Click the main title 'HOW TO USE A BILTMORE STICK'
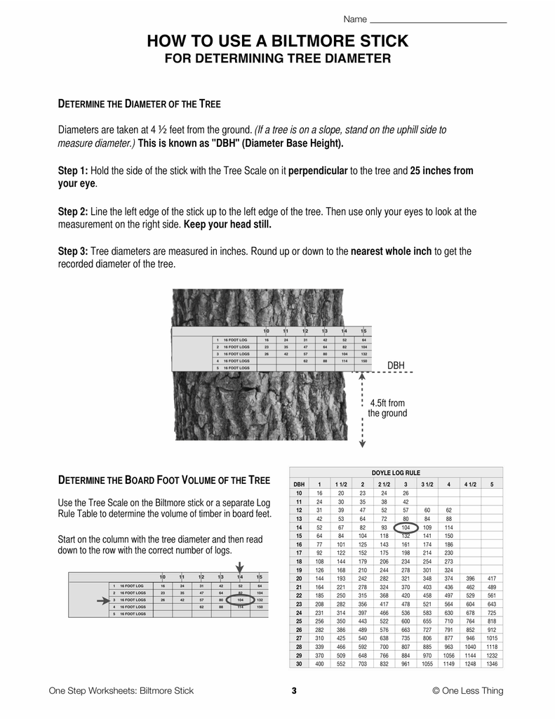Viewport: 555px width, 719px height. (277, 42)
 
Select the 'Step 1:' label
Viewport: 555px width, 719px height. (72, 171)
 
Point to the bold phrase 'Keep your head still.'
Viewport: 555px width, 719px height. (227, 225)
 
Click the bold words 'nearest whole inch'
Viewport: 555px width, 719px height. (391, 251)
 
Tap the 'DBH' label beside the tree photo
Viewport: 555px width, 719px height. (396, 365)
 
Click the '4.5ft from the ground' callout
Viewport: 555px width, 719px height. (387, 408)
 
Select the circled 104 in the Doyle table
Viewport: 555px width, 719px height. (406, 527)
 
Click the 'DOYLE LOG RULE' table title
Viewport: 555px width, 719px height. (396, 473)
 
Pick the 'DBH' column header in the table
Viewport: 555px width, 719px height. (299, 484)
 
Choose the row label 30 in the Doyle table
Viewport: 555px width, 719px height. (299, 664)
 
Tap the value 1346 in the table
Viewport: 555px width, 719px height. (491, 664)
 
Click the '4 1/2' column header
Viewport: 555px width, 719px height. (470, 484)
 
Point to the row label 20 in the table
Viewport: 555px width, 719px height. (299, 578)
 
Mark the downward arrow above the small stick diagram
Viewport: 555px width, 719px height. (240, 569)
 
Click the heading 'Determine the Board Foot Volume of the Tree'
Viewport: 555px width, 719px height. (163, 481)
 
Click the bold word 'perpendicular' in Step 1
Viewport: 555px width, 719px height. (318, 171)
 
